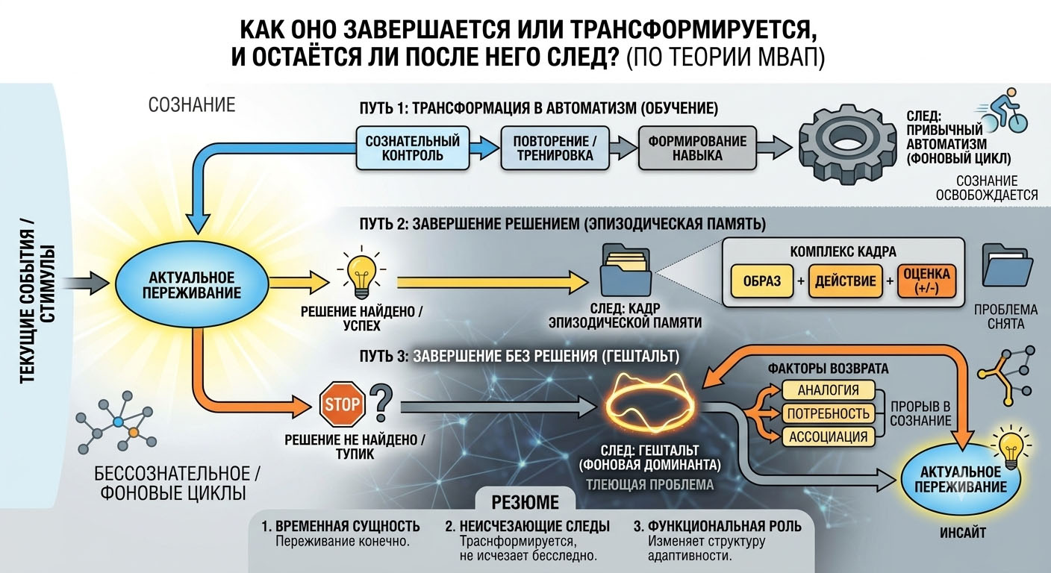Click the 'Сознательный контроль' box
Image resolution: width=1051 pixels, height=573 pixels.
pyautogui.click(x=413, y=148)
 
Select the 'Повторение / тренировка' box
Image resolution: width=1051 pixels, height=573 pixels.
pyautogui.click(x=555, y=148)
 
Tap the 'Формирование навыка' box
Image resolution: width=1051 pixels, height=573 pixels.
pyautogui.click(x=697, y=148)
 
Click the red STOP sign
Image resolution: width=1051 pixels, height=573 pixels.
pyautogui.click(x=342, y=404)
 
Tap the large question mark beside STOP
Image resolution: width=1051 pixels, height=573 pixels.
pyautogui.click(x=381, y=403)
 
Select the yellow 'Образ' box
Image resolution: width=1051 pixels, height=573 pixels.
pyautogui.click(x=762, y=281)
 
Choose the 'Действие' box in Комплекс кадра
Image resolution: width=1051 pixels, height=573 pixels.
pyautogui.click(x=845, y=281)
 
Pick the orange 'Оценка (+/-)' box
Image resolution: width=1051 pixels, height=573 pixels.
pyautogui.click(x=926, y=281)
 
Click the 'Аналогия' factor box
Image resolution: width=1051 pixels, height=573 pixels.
pyautogui.click(x=828, y=389)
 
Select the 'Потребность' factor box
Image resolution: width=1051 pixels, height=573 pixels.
pyautogui.click(x=828, y=413)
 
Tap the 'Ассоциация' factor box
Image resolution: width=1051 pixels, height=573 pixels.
pyautogui.click(x=828, y=436)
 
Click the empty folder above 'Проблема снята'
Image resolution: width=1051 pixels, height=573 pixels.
pyautogui.click(x=1008, y=265)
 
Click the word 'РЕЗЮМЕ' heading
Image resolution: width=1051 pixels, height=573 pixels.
pyautogui.click(x=525, y=503)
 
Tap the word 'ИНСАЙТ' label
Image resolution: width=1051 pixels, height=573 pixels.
pyautogui.click(x=963, y=533)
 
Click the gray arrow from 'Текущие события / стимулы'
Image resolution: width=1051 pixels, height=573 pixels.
pyautogui.click(x=86, y=283)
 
